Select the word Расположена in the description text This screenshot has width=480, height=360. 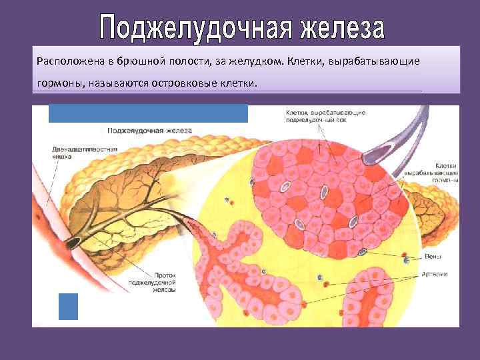coord(70,61)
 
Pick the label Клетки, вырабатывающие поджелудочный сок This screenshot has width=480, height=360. coord(325,117)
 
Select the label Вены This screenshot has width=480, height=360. coord(433,257)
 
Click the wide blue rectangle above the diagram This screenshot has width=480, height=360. coord(148,113)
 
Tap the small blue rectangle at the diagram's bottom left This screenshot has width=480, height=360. coord(68,306)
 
